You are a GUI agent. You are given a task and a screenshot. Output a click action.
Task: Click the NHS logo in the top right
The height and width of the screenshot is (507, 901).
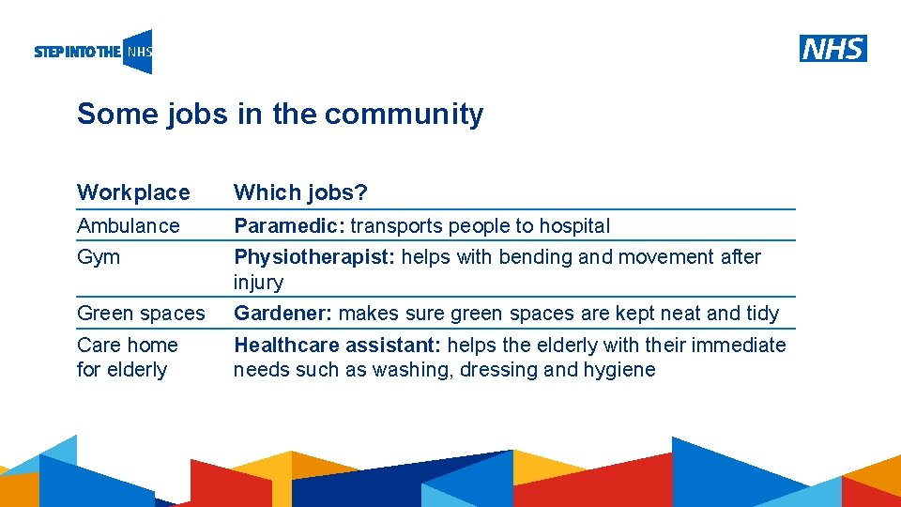[833, 49]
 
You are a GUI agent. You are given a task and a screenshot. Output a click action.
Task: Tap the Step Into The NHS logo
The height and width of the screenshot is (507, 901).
[93, 52]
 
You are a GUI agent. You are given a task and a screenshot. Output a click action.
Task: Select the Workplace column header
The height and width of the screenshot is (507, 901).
[133, 192]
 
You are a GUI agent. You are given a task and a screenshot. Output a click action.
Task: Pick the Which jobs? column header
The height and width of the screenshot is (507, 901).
[300, 192]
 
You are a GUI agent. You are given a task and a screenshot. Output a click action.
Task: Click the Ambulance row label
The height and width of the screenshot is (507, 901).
[128, 225]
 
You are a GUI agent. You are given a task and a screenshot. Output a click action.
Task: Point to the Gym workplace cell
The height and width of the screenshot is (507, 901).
[99, 257]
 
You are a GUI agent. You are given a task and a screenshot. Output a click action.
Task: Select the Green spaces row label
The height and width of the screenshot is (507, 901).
[141, 314]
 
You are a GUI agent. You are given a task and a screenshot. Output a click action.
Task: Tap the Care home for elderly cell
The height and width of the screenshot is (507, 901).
[127, 357]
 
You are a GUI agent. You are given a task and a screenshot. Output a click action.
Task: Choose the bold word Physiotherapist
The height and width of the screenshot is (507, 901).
[313, 257]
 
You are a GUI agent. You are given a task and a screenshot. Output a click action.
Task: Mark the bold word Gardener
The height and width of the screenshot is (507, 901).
[283, 314]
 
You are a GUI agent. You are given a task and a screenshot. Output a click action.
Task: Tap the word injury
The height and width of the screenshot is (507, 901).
[258, 283]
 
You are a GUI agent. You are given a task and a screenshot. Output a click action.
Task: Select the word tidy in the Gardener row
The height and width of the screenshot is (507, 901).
[761, 314]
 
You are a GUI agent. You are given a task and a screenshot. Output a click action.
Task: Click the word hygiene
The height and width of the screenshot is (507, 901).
[619, 370]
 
